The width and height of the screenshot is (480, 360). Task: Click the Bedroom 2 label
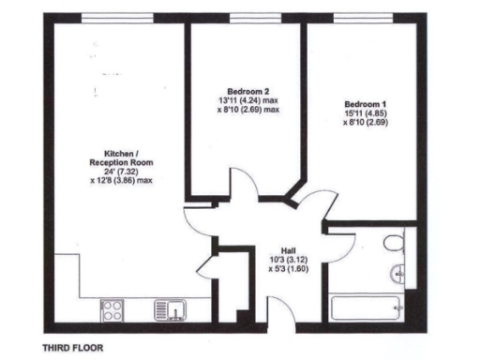[246, 93]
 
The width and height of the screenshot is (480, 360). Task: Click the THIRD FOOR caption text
[72, 347]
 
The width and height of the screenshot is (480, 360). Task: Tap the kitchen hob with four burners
[112, 308]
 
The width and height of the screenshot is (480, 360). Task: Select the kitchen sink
[174, 308]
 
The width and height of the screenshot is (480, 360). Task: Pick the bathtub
[367, 307]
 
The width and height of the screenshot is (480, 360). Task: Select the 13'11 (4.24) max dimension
[247, 101]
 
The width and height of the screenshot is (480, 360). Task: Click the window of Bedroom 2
[247, 19]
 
